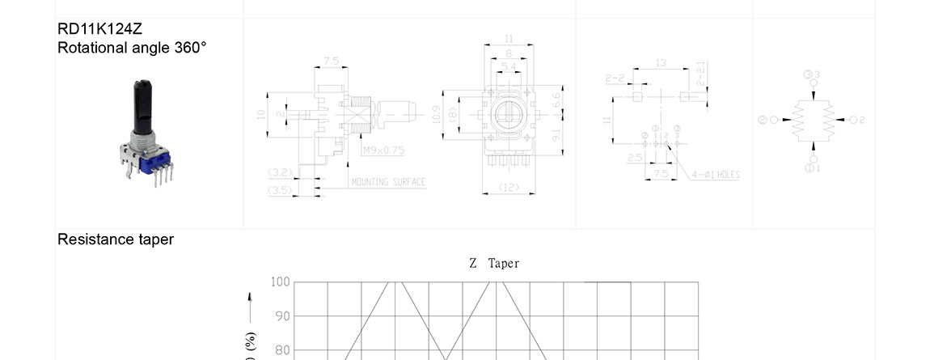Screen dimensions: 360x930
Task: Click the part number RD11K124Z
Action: (x=100, y=29)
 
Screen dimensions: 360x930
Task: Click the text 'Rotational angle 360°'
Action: (x=132, y=48)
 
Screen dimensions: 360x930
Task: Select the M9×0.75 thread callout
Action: (x=383, y=150)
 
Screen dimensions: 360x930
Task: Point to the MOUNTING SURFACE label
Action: (x=388, y=182)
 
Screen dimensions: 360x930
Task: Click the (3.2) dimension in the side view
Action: (x=280, y=172)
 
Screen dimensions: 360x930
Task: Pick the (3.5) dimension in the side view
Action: (x=280, y=190)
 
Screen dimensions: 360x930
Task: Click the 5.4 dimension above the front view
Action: (x=509, y=66)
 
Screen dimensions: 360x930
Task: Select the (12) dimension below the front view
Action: (x=509, y=188)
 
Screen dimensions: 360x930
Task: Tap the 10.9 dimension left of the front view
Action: (x=438, y=116)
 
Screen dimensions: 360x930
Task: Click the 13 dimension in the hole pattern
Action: (x=661, y=62)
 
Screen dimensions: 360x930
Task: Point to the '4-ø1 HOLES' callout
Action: (x=716, y=175)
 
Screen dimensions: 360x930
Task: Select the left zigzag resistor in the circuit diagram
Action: (x=798, y=120)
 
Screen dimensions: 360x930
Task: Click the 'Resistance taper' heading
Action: (x=116, y=239)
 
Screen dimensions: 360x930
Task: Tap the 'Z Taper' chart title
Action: (x=494, y=264)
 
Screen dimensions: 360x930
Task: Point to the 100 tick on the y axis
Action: (x=280, y=282)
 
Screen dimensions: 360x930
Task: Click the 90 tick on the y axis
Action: (x=282, y=316)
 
